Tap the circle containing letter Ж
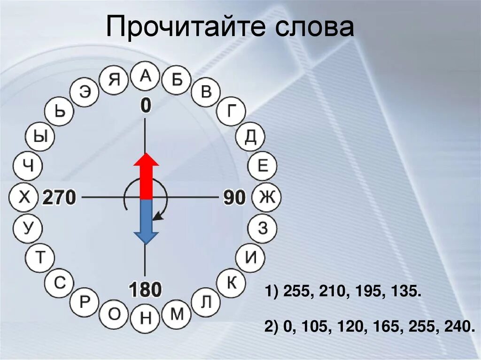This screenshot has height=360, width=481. click(x=266, y=198)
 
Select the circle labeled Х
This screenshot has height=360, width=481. click(x=23, y=198)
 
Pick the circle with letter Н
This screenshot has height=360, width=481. click(x=146, y=319)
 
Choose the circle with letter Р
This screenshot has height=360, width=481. click(x=85, y=302)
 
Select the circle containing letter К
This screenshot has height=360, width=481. click(x=231, y=283)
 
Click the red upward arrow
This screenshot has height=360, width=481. click(x=146, y=176)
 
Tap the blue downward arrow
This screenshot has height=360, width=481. click(x=146, y=221)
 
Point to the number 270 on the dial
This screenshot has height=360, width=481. click(x=59, y=198)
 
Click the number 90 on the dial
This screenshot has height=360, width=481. click(x=234, y=198)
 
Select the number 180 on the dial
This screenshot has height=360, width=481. click(x=146, y=290)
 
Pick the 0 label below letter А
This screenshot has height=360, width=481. click(x=146, y=106)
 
